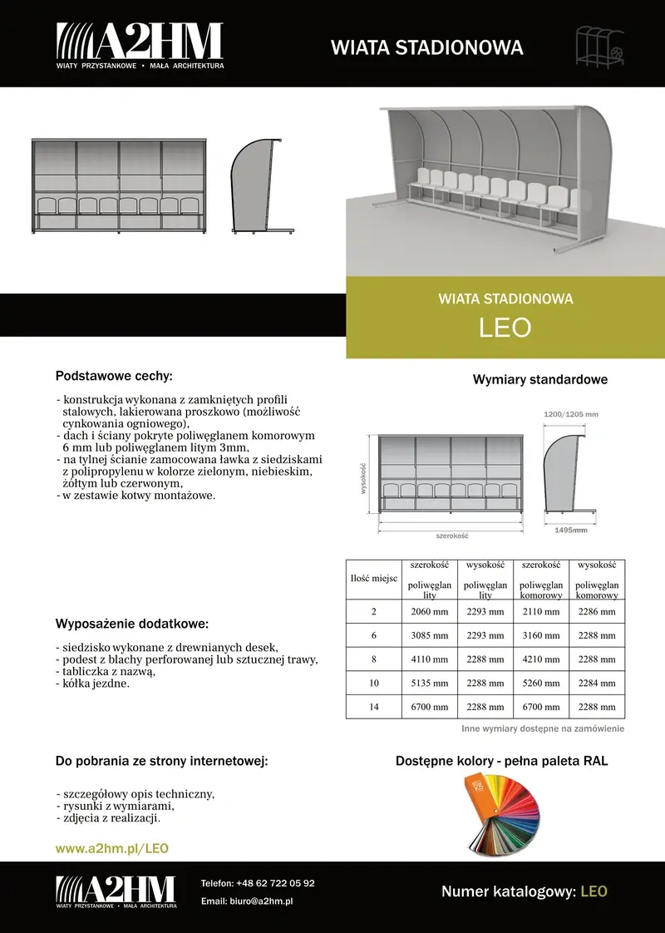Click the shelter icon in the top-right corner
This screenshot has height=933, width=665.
point(601,47)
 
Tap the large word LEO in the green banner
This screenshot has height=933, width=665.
point(505,328)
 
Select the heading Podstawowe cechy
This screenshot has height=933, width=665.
point(114,376)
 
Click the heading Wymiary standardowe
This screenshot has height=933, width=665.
point(539,380)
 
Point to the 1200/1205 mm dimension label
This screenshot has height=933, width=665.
point(570,414)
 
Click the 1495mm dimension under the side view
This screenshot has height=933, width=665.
point(570,529)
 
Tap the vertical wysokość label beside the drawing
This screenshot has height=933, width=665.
point(363,478)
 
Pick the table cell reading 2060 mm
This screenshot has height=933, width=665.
point(430,612)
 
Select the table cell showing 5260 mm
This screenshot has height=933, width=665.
point(540,684)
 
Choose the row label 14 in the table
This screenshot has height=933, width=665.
point(374,707)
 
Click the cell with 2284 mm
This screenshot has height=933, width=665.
point(596,684)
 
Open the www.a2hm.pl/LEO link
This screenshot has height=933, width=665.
point(112,849)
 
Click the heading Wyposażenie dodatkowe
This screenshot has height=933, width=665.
point(132,624)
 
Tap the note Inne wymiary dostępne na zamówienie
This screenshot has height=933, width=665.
point(543,729)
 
